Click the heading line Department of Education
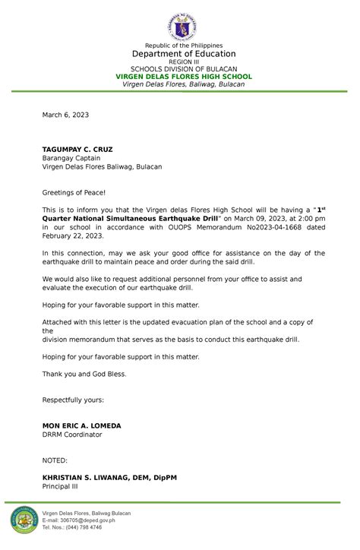pos(183,54)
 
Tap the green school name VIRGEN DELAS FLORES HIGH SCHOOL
pos(183,77)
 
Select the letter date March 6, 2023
pos(65,115)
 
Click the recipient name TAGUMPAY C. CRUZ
pos(77,149)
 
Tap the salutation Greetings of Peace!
pos(74,194)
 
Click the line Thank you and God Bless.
pos(84,374)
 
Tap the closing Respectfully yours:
pos(73,400)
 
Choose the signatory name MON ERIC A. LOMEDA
pos(81,426)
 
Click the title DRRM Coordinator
pos(72,435)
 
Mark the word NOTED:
pos(55,460)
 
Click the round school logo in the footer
pos(24,520)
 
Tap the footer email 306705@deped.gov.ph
pos(79,520)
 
